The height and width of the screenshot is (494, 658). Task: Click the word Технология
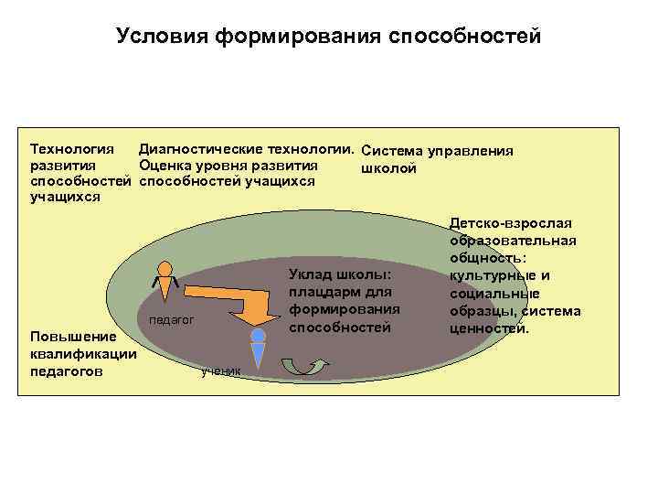click(x=72, y=148)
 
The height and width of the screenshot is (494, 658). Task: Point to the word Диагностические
click(x=199, y=148)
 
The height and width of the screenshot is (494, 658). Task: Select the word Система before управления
click(x=391, y=150)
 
